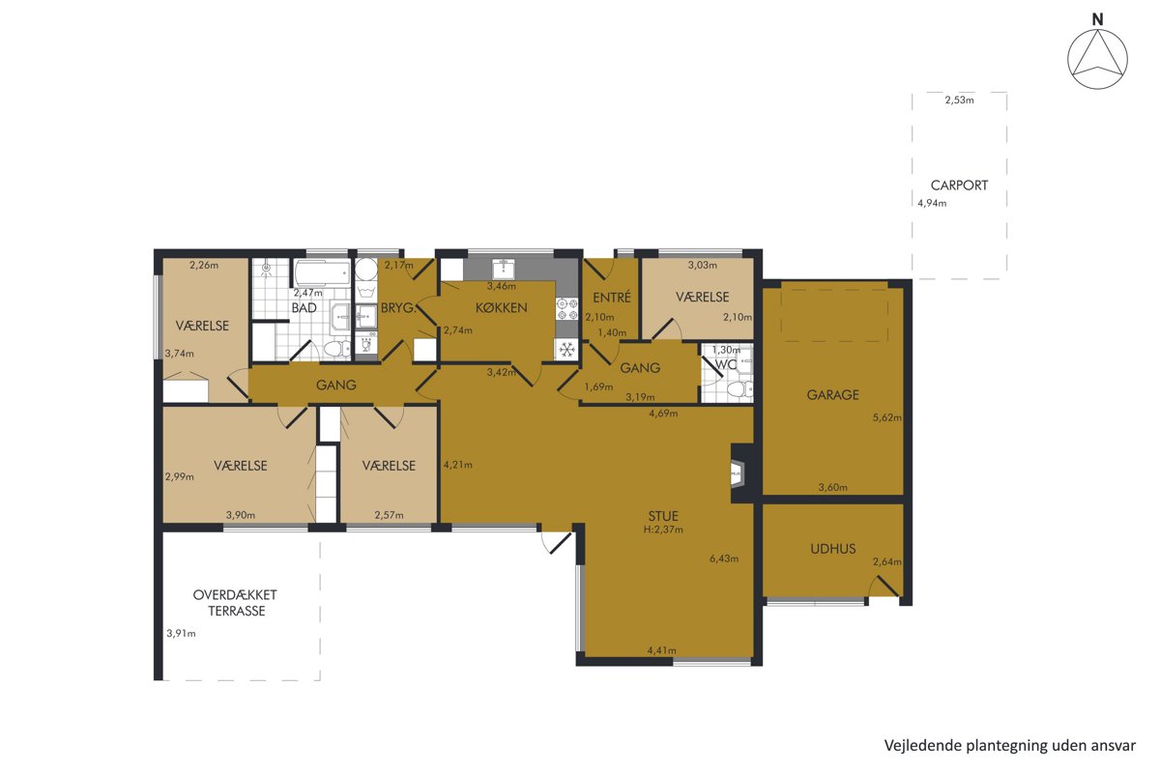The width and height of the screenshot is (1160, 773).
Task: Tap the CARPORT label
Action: coord(959,186)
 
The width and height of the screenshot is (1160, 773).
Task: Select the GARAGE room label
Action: coord(832,395)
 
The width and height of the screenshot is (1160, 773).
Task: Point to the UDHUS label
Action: coord(832,549)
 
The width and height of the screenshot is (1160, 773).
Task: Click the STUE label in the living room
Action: coord(663,516)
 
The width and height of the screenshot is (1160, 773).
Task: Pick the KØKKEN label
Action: coord(502,308)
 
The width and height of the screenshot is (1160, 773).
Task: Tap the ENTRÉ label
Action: coord(612,298)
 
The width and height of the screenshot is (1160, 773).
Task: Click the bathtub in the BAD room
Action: coord(323,272)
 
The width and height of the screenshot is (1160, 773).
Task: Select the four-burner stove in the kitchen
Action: coord(566,309)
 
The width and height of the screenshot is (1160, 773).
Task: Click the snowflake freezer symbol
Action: coord(567,350)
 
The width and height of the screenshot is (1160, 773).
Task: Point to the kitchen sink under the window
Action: coord(503,269)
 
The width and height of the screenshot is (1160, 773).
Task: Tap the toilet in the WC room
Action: coord(739,389)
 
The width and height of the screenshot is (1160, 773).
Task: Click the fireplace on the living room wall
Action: coord(738,473)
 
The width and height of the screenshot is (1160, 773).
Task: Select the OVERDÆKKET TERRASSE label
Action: coord(235,603)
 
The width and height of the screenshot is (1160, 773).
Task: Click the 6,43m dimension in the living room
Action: coord(724,558)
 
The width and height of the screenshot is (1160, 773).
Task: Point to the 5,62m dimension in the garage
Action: coord(887,417)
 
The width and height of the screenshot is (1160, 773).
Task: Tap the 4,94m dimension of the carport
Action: coord(932,204)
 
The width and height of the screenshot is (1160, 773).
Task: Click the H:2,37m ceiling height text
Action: coord(663,530)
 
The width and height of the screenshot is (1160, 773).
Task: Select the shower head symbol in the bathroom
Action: coord(266,269)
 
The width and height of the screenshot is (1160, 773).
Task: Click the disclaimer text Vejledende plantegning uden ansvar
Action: coord(1010,746)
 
